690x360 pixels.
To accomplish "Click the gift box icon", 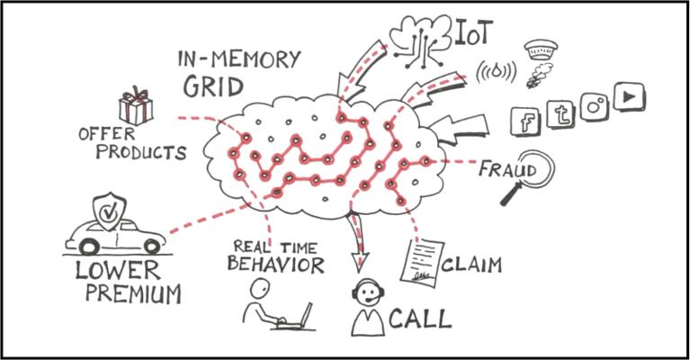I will point(136,106).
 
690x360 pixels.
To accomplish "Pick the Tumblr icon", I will point(562,114).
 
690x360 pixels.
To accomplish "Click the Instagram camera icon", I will point(594,105).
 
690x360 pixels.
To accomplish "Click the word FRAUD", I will point(506,168).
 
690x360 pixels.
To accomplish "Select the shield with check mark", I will point(108,211).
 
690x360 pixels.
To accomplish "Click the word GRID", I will point(214,86).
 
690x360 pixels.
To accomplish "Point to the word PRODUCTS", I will point(141,152).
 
